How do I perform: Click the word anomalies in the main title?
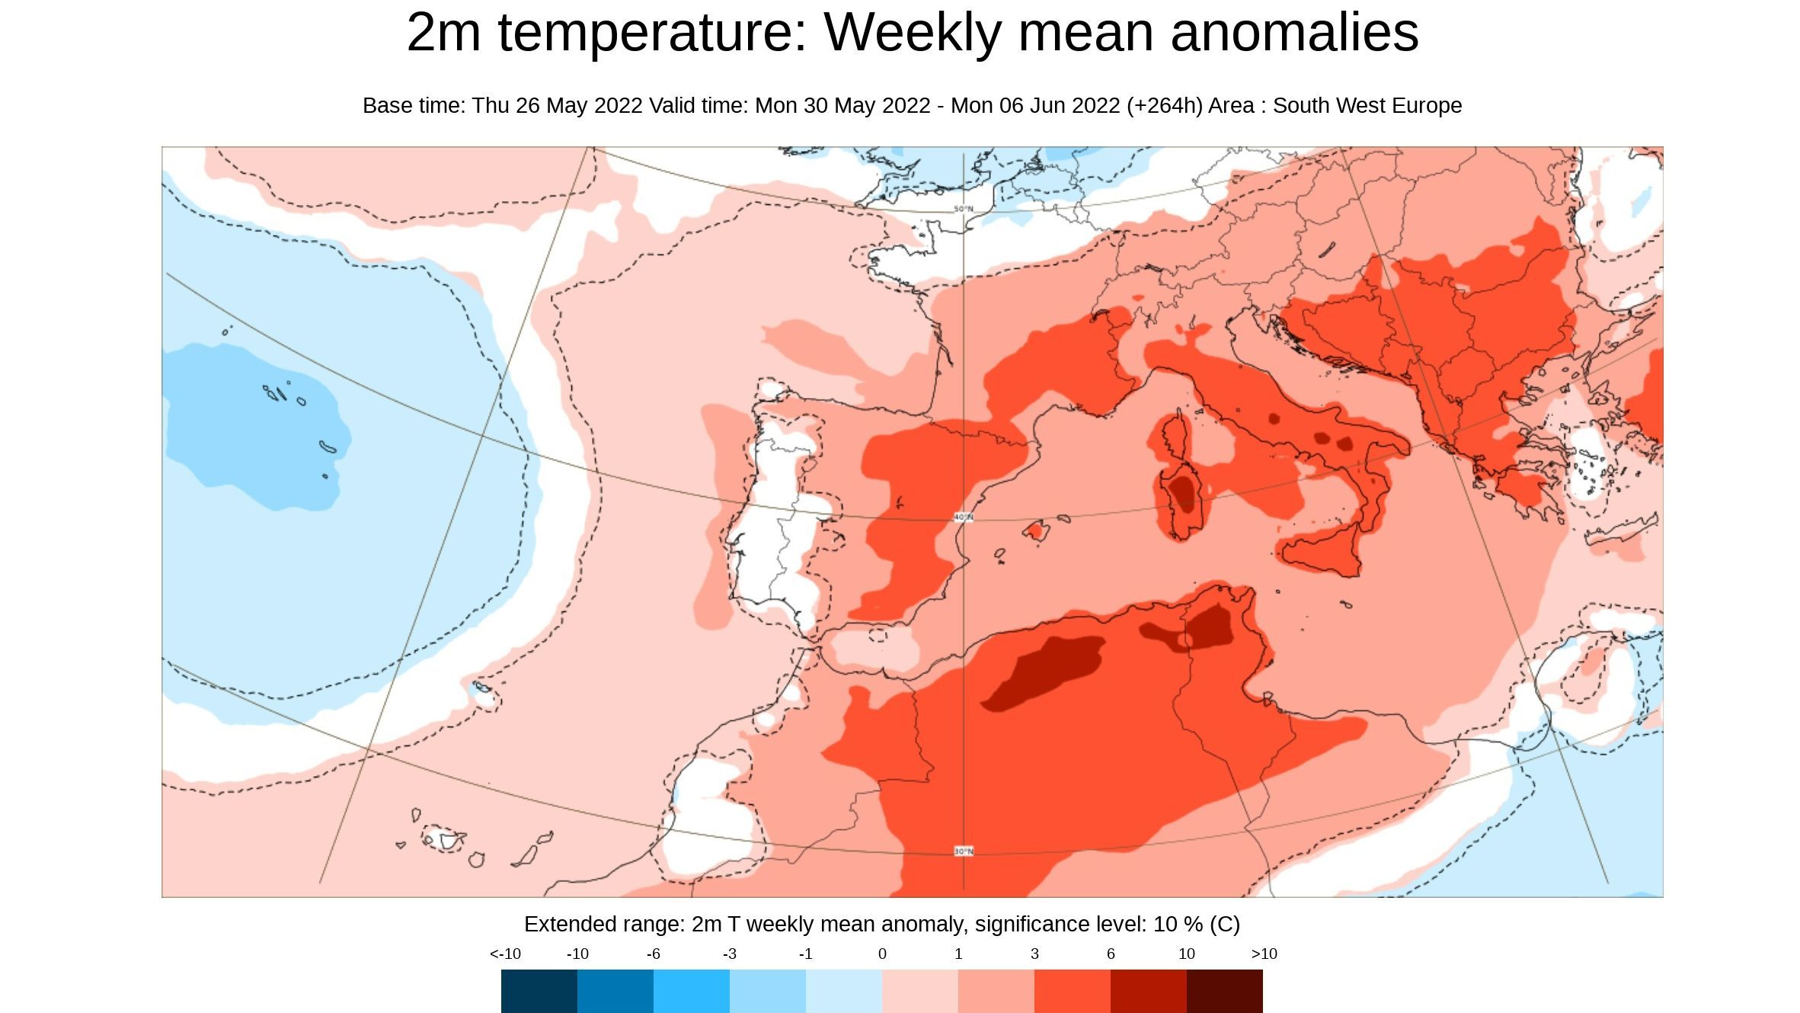pyautogui.click(x=1294, y=33)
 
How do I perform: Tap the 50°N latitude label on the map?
pyautogui.click(x=964, y=209)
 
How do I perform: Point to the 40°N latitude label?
pyautogui.click(x=964, y=518)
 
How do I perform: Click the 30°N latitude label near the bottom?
pyautogui.click(x=964, y=851)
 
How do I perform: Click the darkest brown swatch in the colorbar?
pyautogui.click(x=1224, y=991)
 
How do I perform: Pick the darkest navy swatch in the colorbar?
pyautogui.click(x=539, y=991)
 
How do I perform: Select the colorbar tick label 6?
pyautogui.click(x=1111, y=954)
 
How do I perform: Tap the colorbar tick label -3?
pyautogui.click(x=729, y=954)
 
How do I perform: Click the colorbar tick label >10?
pyautogui.click(x=1264, y=954)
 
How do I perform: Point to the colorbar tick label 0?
pyautogui.click(x=882, y=954)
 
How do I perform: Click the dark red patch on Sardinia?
pyautogui.click(x=1184, y=493)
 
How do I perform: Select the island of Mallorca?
pyautogui.click(x=1036, y=531)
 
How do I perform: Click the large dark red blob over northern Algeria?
pyautogui.click(x=1044, y=671)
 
